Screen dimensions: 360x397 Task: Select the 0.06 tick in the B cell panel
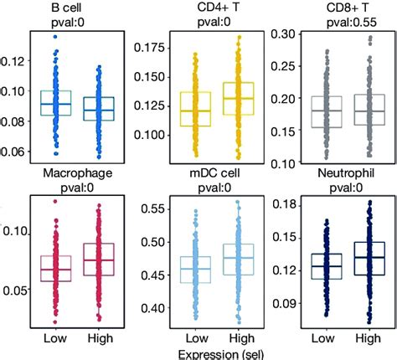pyautogui.click(x=15, y=151)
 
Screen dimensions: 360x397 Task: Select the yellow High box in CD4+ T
pyautogui.click(x=238, y=100)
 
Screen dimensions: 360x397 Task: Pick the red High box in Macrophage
pyautogui.click(x=100, y=261)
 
